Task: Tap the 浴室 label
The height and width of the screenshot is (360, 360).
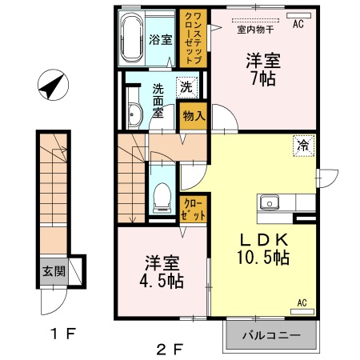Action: (x=160, y=39)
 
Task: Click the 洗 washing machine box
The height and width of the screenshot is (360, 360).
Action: (x=185, y=86)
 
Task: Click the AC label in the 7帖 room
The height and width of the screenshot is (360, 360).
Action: (x=298, y=24)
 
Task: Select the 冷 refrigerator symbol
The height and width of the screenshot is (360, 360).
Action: (x=303, y=145)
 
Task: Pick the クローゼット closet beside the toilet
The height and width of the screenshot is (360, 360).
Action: (x=194, y=210)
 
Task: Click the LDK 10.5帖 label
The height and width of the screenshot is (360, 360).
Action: (x=261, y=249)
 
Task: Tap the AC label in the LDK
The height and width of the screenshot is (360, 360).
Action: (x=303, y=302)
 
